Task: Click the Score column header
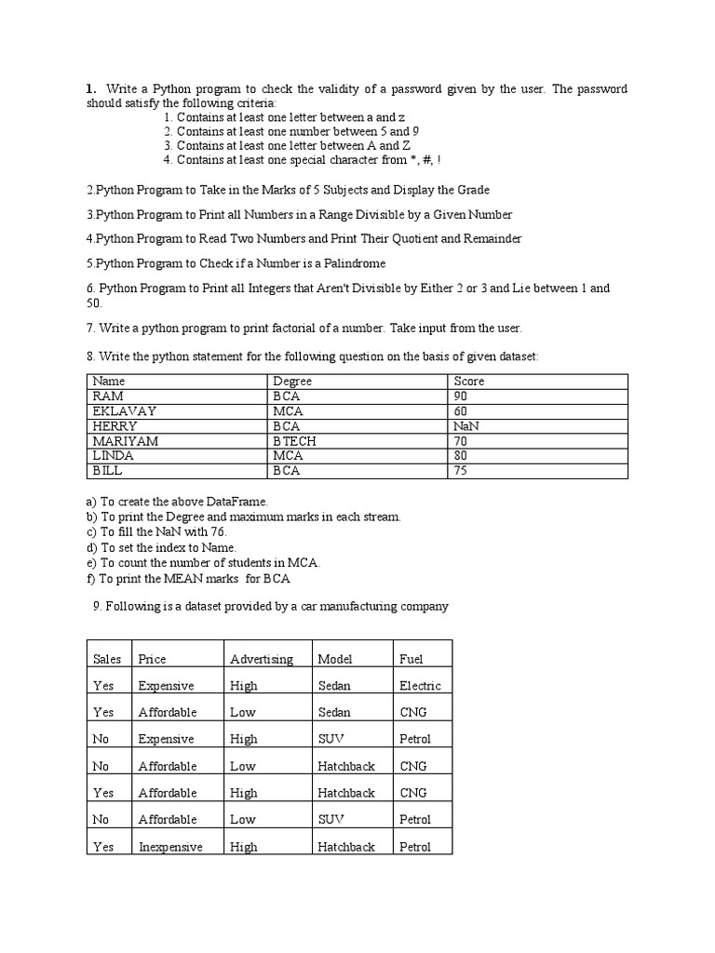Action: [469, 381]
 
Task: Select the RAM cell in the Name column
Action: [108, 396]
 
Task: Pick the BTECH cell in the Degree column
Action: [294, 441]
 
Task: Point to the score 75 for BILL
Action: [461, 471]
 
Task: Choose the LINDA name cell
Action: [114, 456]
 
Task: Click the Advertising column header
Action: [262, 659]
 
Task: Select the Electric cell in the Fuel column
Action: [420, 686]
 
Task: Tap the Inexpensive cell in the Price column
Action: [170, 847]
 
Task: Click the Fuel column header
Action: [411, 659]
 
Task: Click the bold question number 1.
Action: [90, 88]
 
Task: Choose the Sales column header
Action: [107, 659]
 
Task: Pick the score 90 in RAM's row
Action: [461, 396]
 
